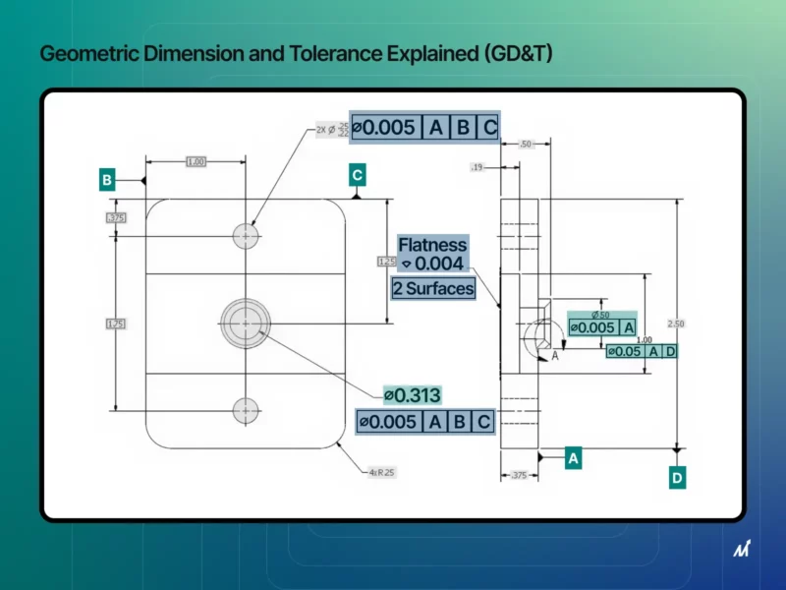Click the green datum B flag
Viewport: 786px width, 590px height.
click(x=106, y=180)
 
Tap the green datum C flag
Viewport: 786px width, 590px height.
click(x=358, y=175)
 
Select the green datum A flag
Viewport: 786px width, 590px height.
click(x=574, y=457)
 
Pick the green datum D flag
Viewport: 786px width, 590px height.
click(x=677, y=478)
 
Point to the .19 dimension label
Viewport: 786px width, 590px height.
click(x=476, y=168)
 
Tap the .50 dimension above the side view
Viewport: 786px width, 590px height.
click(x=525, y=145)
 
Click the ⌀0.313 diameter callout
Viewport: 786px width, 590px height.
click(x=412, y=394)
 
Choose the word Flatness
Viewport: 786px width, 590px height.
click(x=432, y=245)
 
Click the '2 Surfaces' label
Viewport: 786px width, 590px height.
click(x=432, y=288)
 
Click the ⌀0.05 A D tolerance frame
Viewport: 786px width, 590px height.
click(x=641, y=351)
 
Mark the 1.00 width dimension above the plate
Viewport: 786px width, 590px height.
click(x=196, y=161)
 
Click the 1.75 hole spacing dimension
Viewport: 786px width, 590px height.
click(x=116, y=323)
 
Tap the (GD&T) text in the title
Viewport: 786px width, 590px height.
click(x=513, y=53)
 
